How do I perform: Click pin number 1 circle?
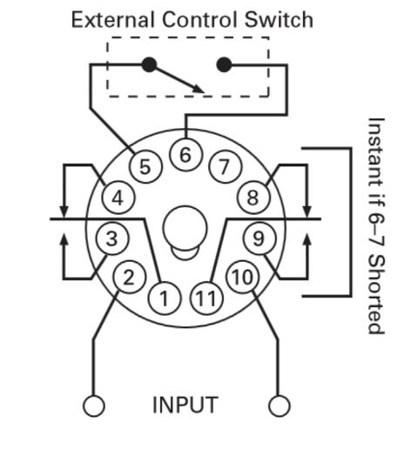tap(165, 298)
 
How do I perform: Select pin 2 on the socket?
tap(129, 277)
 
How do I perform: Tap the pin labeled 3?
tap(111, 238)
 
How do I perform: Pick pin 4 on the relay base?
tap(118, 198)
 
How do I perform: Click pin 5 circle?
tap(145, 166)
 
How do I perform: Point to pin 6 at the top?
tap(185, 154)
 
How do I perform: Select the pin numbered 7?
tap(225, 166)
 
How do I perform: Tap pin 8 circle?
tap(253, 198)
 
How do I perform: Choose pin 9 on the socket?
tap(259, 238)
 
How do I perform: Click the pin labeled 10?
tap(242, 277)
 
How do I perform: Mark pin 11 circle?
tap(206, 298)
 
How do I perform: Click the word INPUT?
tap(185, 405)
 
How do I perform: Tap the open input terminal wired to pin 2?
tap(94, 406)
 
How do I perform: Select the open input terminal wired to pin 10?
tap(279, 406)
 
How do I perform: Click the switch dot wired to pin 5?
tap(149, 64)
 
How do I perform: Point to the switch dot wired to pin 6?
tap(224, 64)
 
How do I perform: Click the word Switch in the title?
tap(279, 20)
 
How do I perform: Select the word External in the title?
tap(112, 20)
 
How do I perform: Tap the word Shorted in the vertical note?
tap(376, 294)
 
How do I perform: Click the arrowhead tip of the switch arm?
tap(204, 93)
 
